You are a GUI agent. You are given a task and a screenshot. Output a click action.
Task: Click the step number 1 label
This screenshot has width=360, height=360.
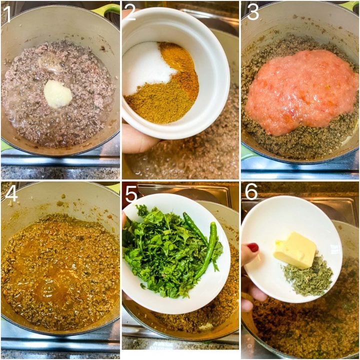(x=7, y=13)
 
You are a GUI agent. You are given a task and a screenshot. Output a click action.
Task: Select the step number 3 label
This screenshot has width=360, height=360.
(x=252, y=12)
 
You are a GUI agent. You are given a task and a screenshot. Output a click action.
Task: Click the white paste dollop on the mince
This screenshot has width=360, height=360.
(x=57, y=93)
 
